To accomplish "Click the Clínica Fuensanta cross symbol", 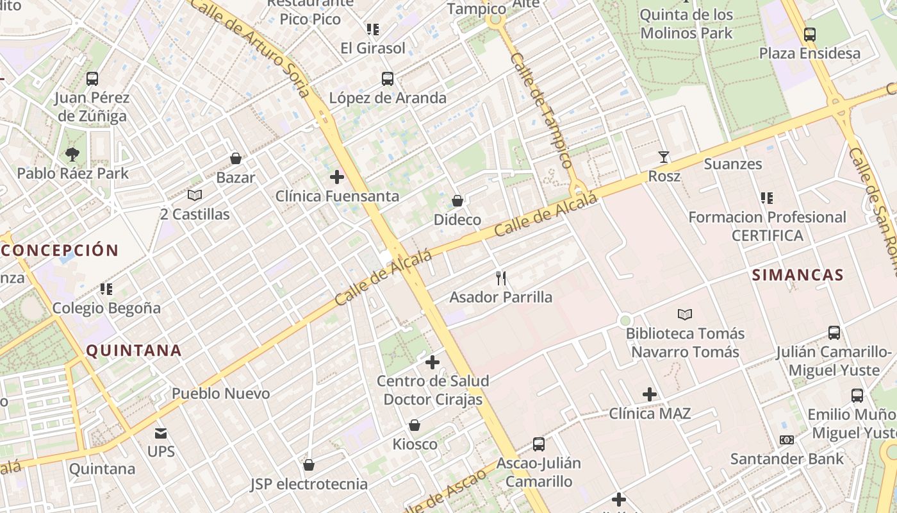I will (x=337, y=177).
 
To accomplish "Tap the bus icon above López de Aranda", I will (x=388, y=79).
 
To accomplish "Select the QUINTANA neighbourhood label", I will (x=134, y=351).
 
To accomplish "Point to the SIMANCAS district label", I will (x=798, y=275).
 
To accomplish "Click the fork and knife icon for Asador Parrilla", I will (x=501, y=278).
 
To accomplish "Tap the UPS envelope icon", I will (x=161, y=433).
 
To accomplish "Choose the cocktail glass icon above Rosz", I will (x=664, y=156).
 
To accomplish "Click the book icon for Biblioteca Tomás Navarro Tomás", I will (x=685, y=314).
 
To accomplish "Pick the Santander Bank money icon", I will (x=787, y=440).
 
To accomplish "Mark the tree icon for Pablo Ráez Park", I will (x=72, y=154).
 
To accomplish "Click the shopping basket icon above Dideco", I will (x=457, y=201).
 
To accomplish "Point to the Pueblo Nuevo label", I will (x=220, y=393).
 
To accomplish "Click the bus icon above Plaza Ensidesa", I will (x=810, y=34).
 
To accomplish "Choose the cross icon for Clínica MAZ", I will (x=650, y=394).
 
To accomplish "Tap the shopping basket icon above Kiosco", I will (x=415, y=425).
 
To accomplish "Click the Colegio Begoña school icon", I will (x=106, y=289).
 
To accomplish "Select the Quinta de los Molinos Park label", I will (x=686, y=23).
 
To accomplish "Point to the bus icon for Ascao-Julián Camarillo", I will (x=539, y=444).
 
